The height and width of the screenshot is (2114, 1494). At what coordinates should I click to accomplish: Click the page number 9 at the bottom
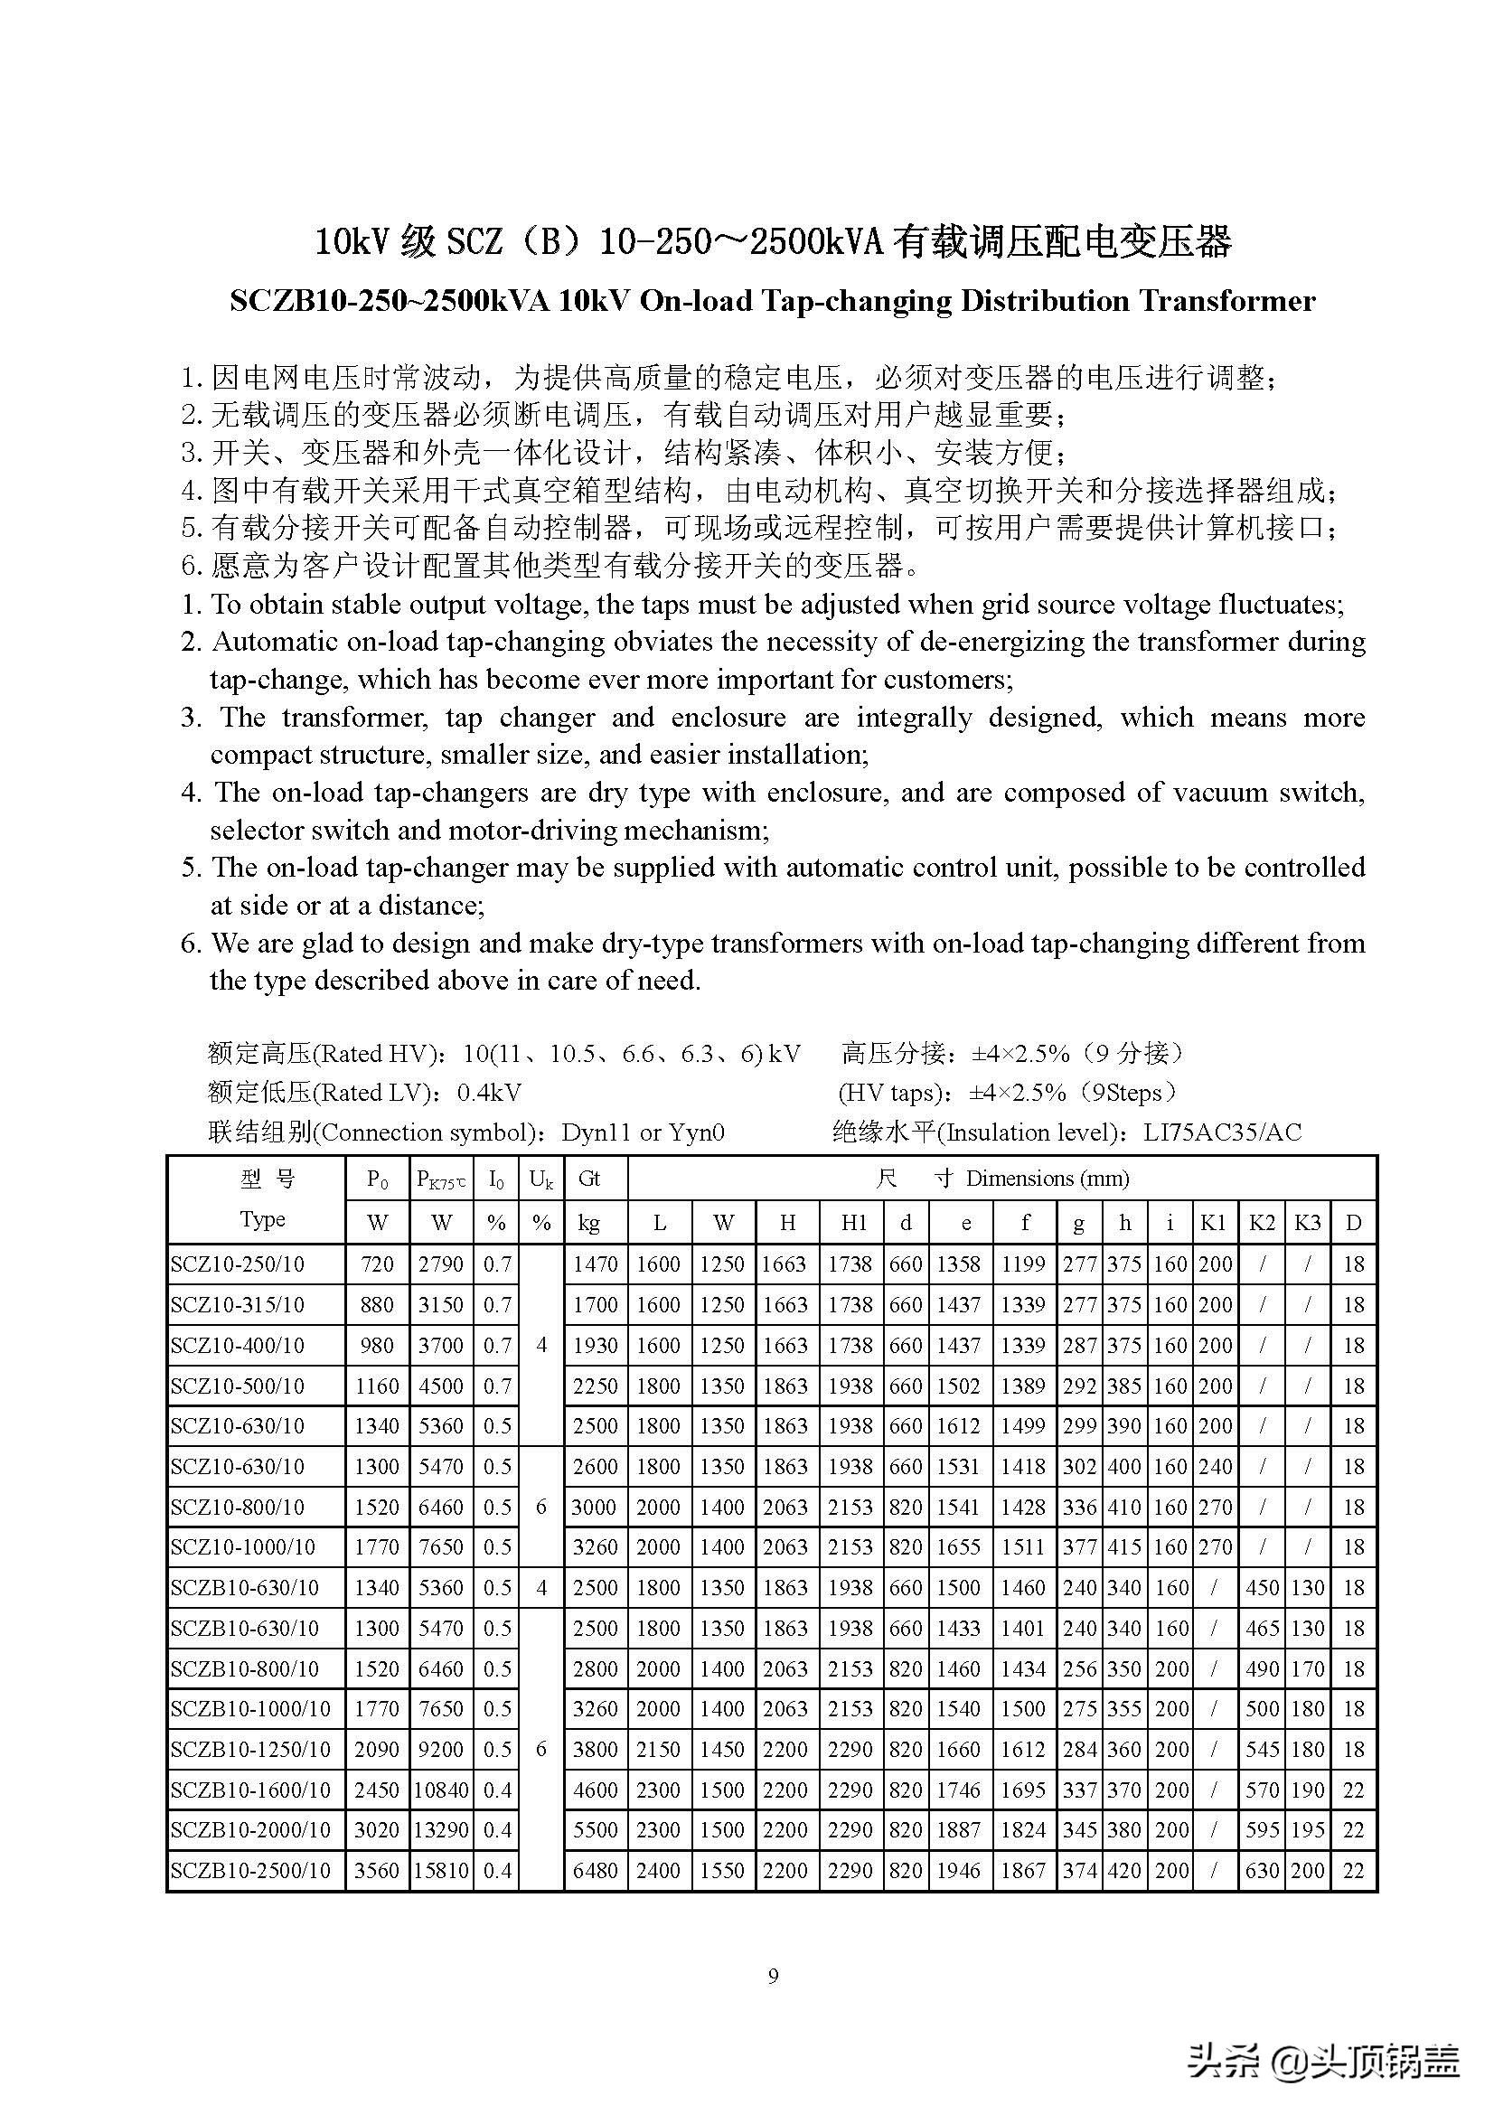click(x=773, y=1976)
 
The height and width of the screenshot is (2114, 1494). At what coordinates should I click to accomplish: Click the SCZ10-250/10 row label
click(x=238, y=1264)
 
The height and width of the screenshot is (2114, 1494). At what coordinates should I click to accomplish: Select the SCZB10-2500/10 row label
click(x=250, y=1870)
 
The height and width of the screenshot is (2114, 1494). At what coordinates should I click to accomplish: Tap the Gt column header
click(x=589, y=1179)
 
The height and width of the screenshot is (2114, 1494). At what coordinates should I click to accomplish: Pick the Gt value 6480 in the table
click(x=595, y=1870)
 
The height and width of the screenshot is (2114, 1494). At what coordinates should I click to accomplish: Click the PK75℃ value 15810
click(x=441, y=1870)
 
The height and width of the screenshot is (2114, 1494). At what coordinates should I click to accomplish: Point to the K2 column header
click(x=1262, y=1223)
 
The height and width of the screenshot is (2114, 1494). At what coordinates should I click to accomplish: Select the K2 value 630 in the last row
click(x=1262, y=1870)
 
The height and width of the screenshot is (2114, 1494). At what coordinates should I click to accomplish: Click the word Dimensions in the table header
click(x=1018, y=1179)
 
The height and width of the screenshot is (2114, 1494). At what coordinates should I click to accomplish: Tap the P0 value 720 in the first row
click(x=378, y=1264)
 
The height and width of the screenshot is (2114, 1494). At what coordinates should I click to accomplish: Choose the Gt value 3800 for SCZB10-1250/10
click(x=595, y=1750)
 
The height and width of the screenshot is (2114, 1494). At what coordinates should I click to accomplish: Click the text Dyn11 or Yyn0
click(x=643, y=1132)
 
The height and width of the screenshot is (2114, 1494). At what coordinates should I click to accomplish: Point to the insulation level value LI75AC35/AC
click(x=1223, y=1132)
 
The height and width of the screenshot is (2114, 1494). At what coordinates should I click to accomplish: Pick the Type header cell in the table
click(x=262, y=1219)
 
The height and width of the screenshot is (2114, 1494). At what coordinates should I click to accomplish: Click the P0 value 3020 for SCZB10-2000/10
click(x=378, y=1829)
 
